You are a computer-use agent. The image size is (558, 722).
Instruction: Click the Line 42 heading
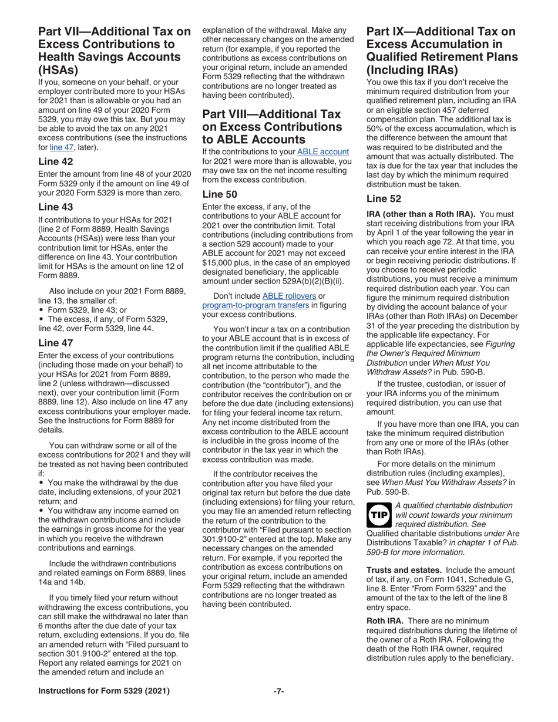[55, 161]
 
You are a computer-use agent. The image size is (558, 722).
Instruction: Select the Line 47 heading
[55, 343]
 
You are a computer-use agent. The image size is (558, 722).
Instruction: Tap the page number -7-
[278, 691]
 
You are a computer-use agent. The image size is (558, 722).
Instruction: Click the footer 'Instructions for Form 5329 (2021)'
[104, 691]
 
